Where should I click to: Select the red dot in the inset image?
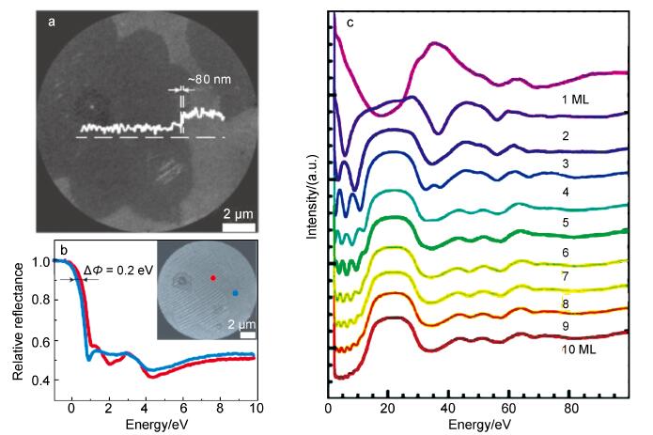(x=212, y=278)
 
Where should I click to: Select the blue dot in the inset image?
(x=235, y=293)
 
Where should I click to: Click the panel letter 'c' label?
(x=350, y=22)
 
